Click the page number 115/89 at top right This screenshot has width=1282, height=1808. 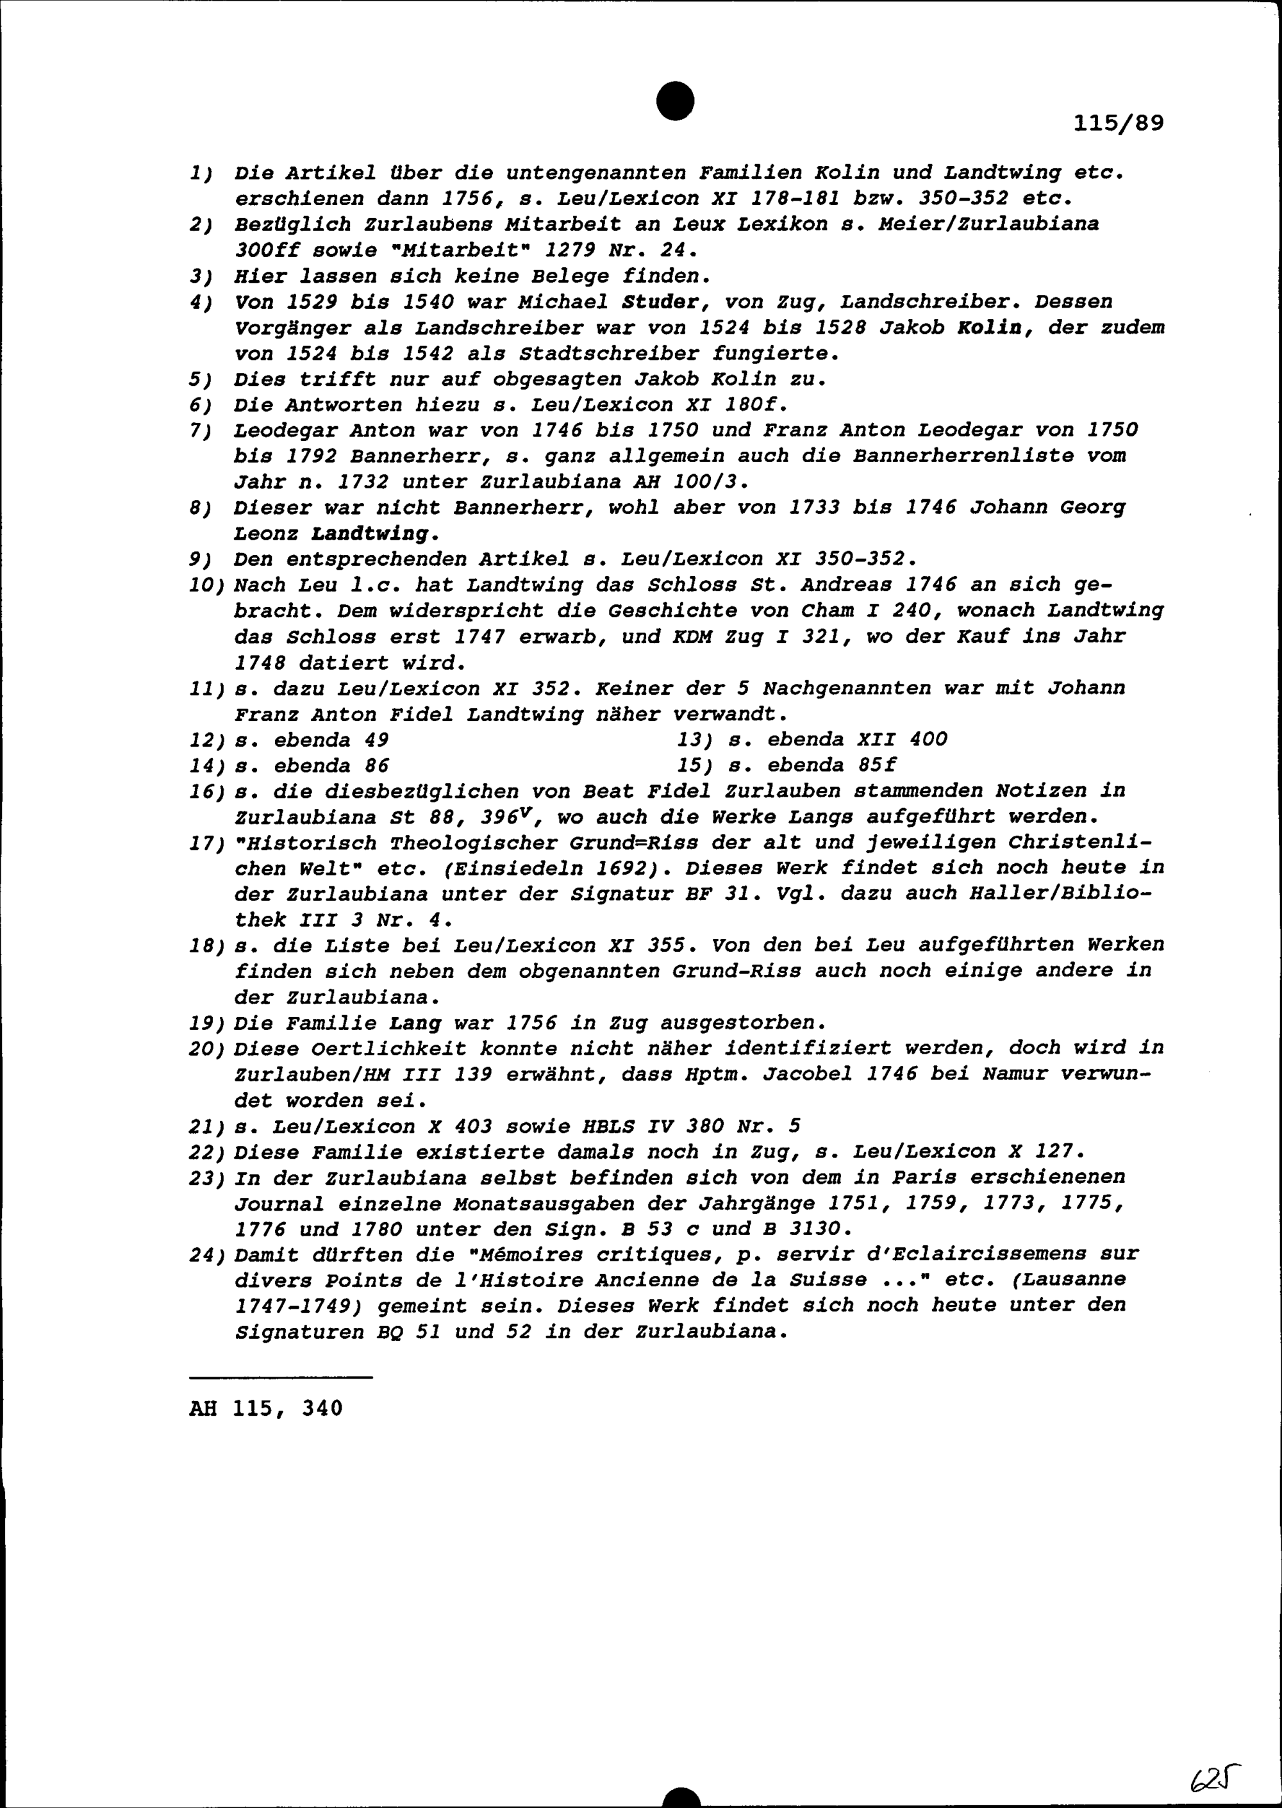pyautogui.click(x=1119, y=124)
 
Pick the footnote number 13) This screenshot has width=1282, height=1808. pyautogui.click(x=695, y=740)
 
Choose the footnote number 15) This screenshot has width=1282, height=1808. pyautogui.click(x=695, y=765)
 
